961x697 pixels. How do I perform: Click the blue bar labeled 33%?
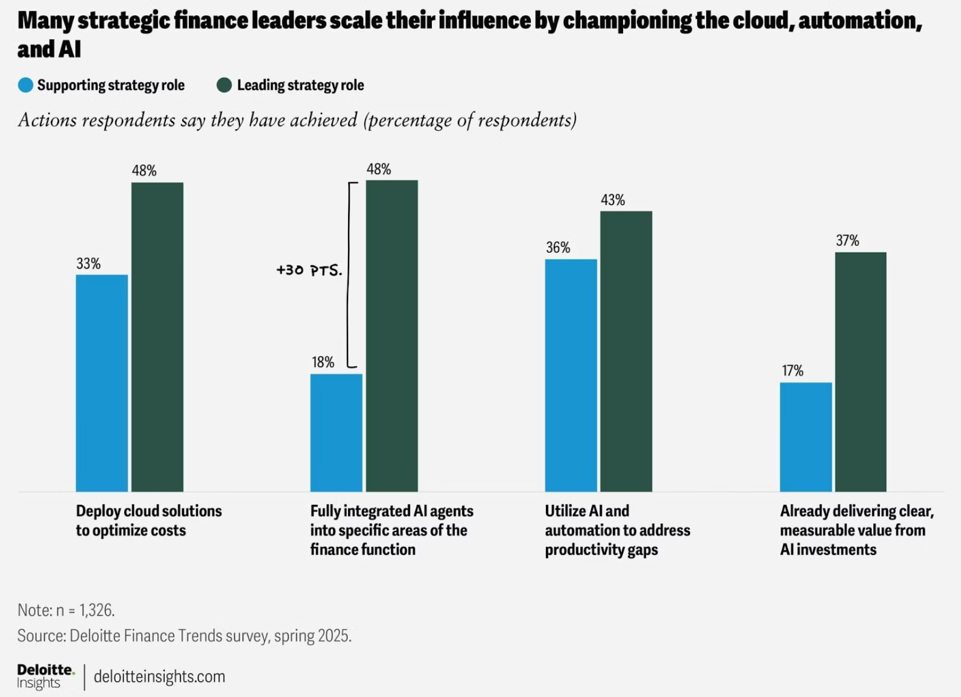pos(102,383)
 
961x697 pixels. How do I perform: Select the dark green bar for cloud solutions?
pos(157,337)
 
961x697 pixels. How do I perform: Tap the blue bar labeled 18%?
pos(336,432)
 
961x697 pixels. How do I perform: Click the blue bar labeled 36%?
pos(571,375)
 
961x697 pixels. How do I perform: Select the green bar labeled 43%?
pos(626,351)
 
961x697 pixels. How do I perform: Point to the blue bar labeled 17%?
pos(805,437)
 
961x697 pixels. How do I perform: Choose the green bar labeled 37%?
pos(860,372)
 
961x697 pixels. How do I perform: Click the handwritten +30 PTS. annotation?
pos(309,271)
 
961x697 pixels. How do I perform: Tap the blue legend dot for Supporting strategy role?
pos(25,85)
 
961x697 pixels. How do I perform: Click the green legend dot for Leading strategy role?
pos(224,85)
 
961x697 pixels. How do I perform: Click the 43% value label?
pos(612,200)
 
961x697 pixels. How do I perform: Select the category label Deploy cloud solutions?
pos(148,520)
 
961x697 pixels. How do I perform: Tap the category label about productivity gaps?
pos(617,530)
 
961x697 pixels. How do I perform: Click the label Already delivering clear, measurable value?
pos(856,530)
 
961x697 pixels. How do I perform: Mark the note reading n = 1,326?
pos(66,610)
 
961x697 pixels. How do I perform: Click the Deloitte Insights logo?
pos(45,676)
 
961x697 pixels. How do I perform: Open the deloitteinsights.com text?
pos(159,676)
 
